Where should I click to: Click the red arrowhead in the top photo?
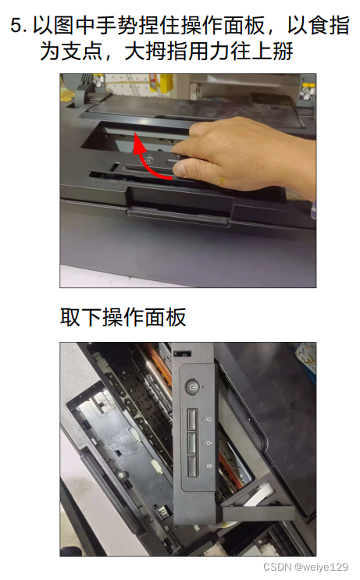[x=138, y=142]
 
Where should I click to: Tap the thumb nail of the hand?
[x=180, y=169]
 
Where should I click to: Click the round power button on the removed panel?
[x=191, y=387]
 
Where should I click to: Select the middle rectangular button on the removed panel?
[x=193, y=443]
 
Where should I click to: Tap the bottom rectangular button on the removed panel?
[x=193, y=466]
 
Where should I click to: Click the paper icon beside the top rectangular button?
[x=209, y=419]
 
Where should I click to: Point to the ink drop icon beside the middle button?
[x=209, y=442]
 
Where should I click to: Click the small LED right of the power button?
[x=203, y=387]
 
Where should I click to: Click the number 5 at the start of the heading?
[x=17, y=27]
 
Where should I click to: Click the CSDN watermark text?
[x=276, y=567]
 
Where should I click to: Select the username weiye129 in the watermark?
[x=325, y=567]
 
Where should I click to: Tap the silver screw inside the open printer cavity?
[x=120, y=475]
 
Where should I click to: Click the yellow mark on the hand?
[x=223, y=181]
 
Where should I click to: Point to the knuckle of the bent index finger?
[x=197, y=130]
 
